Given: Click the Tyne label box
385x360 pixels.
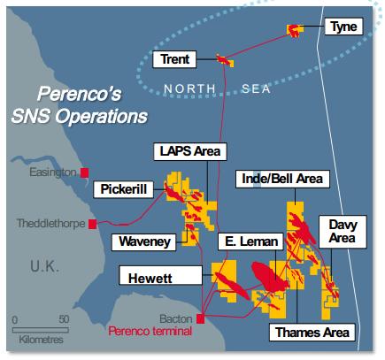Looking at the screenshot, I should coord(342,27).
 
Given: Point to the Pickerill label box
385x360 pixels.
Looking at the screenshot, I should coord(125,189).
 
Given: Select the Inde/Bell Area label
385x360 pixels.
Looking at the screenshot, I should coord(281,180).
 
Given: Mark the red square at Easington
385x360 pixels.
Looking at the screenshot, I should coord(85,172).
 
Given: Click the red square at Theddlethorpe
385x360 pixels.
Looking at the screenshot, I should coord(92,225).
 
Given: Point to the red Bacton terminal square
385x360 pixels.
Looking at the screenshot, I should coord(202,318).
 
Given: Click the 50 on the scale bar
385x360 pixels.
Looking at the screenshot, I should coord(63,318).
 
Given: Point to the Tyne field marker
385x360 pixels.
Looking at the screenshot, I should coord(293,31).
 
